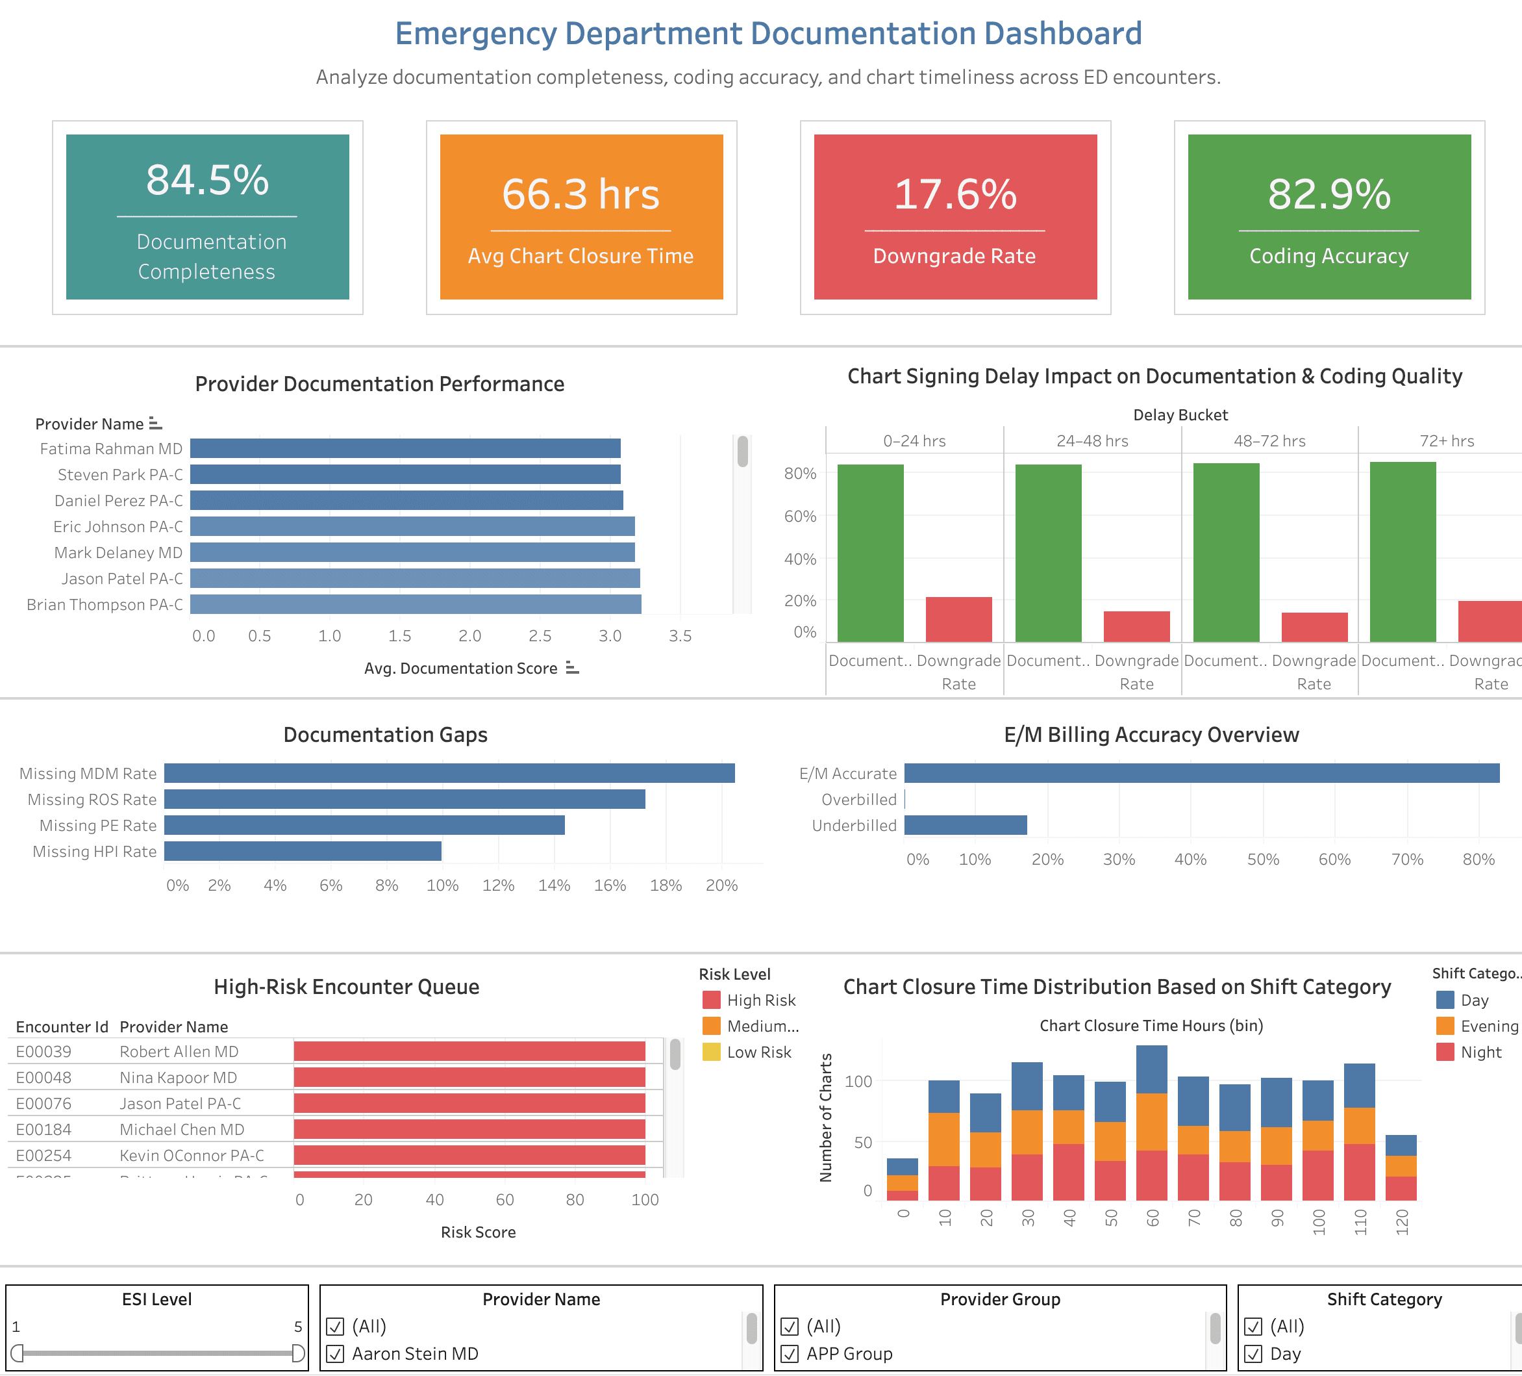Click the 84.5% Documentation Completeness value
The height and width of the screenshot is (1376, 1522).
click(x=208, y=181)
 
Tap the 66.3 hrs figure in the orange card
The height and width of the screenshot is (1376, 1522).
click(x=580, y=194)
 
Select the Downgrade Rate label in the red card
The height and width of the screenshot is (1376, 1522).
click(x=954, y=256)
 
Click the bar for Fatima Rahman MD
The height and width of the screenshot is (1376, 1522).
click(x=405, y=449)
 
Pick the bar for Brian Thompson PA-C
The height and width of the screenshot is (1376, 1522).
click(x=415, y=604)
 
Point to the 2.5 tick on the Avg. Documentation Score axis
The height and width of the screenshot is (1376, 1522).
click(x=540, y=636)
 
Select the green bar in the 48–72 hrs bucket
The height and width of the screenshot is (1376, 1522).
click(x=1225, y=552)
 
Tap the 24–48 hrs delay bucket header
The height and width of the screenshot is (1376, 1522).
click(x=1092, y=441)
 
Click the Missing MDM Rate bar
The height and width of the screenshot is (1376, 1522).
click(x=449, y=773)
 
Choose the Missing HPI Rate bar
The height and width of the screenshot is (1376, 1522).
click(x=302, y=851)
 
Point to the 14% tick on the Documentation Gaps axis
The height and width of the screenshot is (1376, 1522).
click(x=553, y=885)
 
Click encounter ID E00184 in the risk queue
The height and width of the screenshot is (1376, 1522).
click(x=44, y=1130)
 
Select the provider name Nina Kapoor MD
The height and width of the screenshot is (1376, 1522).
click(x=178, y=1078)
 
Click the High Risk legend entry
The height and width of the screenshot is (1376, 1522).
click(x=760, y=1000)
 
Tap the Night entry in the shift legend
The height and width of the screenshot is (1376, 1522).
click(x=1480, y=1052)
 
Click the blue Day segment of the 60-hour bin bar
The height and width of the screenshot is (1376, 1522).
click(x=1151, y=1069)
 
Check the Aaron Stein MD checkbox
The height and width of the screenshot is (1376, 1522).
click(x=335, y=1354)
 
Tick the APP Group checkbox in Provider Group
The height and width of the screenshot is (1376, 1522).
click(x=790, y=1354)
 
